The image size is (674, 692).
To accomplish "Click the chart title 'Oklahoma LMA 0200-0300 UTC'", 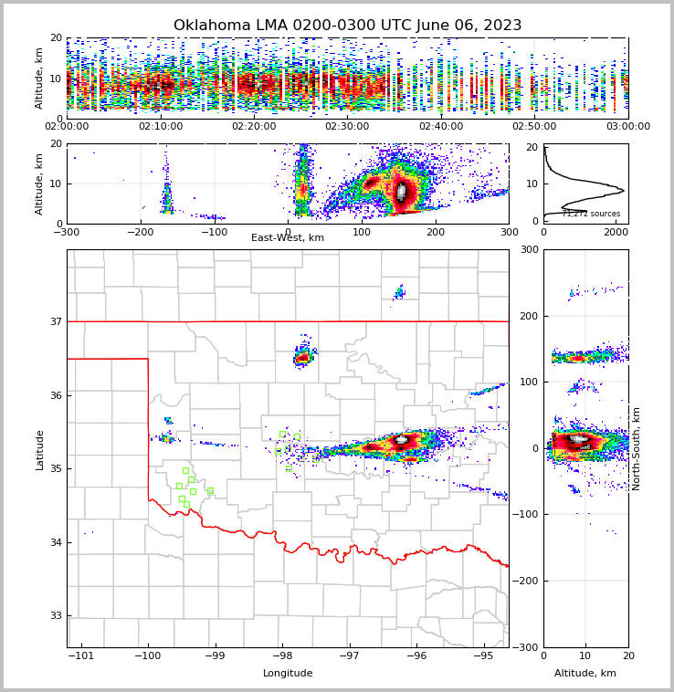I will pos(347,26).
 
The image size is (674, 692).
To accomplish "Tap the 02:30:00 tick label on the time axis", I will pos(347,127).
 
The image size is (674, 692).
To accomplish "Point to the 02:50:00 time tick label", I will pos(534,127).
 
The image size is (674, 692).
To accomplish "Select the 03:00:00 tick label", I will pos(627,127).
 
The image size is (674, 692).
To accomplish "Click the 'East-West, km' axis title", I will pos(288,238).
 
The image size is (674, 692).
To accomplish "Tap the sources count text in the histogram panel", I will pos(591,214).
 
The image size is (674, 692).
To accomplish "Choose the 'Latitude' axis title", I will pos(40,449).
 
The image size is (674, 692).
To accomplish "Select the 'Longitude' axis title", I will pos(288,674).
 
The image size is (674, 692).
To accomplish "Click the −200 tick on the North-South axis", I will pos(527,581).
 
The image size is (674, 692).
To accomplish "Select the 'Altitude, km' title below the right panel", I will pos(585,674).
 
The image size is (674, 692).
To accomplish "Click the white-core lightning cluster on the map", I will pos(401,441).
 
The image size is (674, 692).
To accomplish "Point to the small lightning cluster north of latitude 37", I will pos(399,292).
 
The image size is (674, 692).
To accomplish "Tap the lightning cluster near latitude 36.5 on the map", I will pos(304,357).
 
